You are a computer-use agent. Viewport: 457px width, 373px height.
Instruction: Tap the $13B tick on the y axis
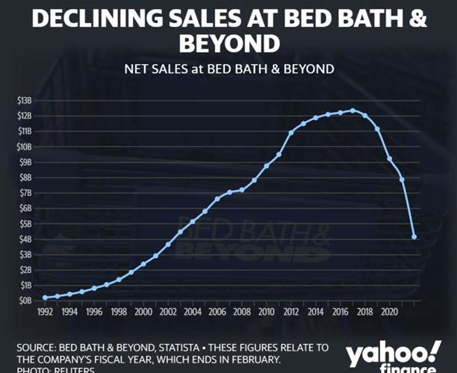(x=24, y=100)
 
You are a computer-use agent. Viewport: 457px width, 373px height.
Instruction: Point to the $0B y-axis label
(x=24, y=301)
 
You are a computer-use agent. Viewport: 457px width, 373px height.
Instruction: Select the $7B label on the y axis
(x=24, y=192)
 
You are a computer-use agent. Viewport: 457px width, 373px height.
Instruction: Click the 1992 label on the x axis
(x=46, y=312)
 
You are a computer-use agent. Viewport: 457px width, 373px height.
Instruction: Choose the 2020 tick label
(x=389, y=312)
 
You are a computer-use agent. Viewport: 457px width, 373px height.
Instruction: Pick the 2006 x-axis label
(x=217, y=312)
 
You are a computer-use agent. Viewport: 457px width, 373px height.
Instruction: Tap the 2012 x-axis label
(x=291, y=312)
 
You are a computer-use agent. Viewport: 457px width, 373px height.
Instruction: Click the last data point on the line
(x=414, y=237)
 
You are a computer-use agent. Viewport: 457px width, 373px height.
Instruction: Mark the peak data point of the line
(x=352, y=110)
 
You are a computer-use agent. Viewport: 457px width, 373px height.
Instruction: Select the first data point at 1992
(x=46, y=298)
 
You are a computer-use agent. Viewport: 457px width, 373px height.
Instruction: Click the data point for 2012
(x=291, y=133)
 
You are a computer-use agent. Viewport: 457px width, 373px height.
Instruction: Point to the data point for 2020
(x=389, y=159)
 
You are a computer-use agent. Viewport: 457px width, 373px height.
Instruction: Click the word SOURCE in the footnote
(x=37, y=348)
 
